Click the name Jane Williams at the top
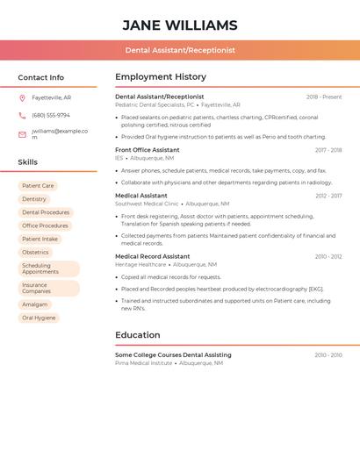click(x=180, y=25)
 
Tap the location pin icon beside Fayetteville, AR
click(x=22, y=97)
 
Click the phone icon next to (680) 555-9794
click(x=22, y=115)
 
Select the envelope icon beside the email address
click(x=22, y=134)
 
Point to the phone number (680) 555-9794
click(x=51, y=115)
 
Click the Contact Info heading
click(x=40, y=77)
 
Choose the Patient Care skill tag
click(x=38, y=186)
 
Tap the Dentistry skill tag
click(x=34, y=199)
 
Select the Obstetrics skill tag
click(x=36, y=252)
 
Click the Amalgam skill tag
click(x=35, y=304)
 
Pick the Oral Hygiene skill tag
click(x=39, y=318)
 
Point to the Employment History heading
click(x=161, y=77)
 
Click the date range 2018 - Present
click(x=324, y=97)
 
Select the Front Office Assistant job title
click(x=148, y=150)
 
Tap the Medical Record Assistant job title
click(x=152, y=256)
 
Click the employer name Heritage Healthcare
click(x=140, y=264)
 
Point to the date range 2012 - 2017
click(x=328, y=196)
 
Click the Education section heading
click(x=138, y=335)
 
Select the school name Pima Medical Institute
click(x=144, y=362)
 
